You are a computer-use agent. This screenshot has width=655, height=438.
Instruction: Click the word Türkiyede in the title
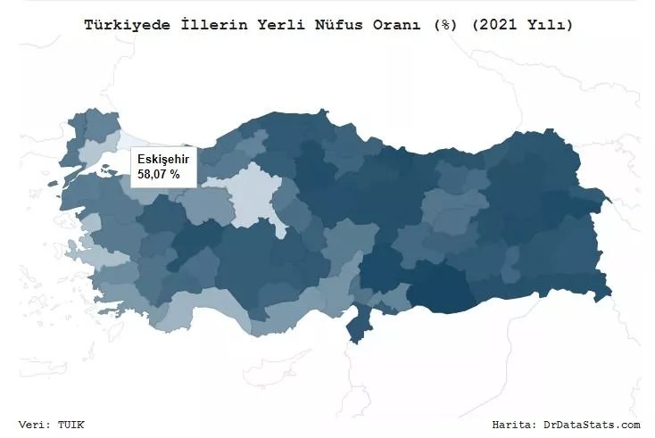click(x=121, y=25)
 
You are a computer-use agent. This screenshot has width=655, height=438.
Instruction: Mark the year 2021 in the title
click(x=488, y=25)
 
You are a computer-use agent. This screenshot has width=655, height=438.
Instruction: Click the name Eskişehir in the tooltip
click(x=163, y=159)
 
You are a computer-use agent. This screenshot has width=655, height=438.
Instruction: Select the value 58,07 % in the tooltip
click(x=159, y=175)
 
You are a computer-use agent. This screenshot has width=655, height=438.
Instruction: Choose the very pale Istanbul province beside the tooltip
click(x=134, y=142)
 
